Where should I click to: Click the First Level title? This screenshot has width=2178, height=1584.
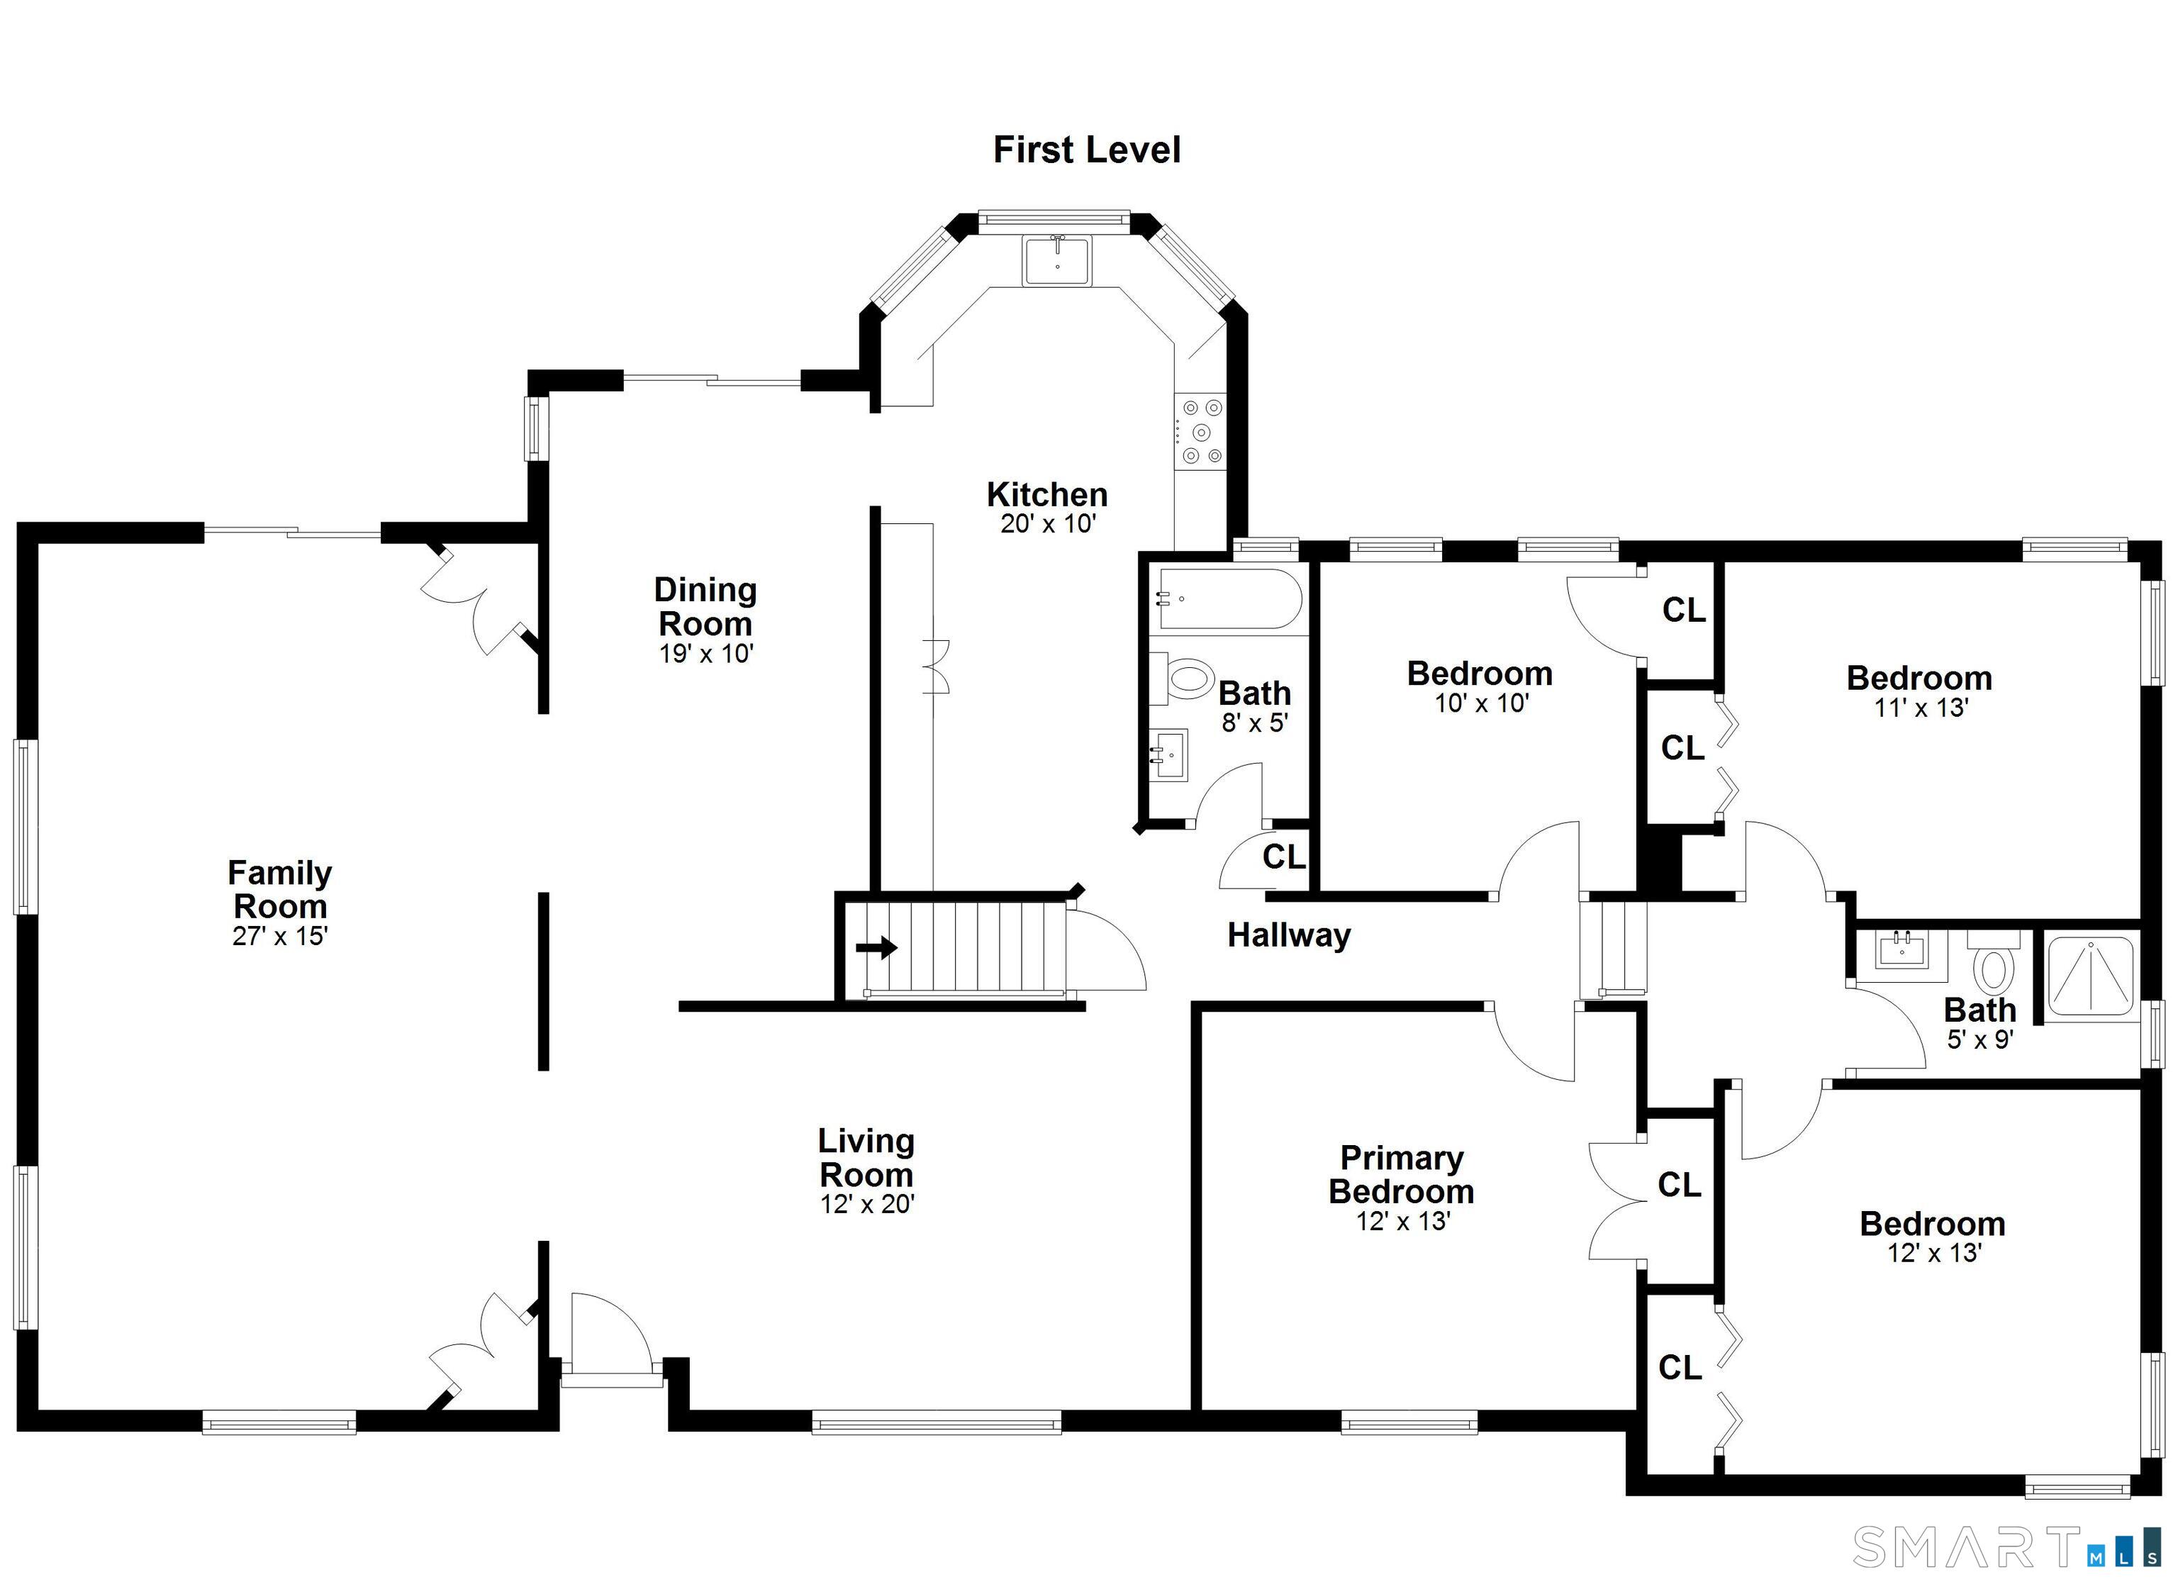pyautogui.click(x=1086, y=150)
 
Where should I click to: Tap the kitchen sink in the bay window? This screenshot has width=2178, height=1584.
pyautogui.click(x=1056, y=260)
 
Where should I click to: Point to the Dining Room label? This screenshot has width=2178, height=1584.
pyautogui.click(x=706, y=606)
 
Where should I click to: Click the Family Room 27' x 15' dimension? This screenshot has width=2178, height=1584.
pyautogui.click(x=281, y=936)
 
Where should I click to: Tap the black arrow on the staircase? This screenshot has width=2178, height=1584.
pyautogui.click(x=876, y=948)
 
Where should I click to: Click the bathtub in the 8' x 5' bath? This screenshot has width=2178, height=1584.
pyautogui.click(x=1228, y=598)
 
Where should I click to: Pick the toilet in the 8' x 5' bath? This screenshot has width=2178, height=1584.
pyautogui.click(x=1183, y=678)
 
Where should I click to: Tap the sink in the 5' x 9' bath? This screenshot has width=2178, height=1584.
pyautogui.click(x=1902, y=950)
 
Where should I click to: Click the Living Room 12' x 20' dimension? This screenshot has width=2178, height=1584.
pyautogui.click(x=867, y=1204)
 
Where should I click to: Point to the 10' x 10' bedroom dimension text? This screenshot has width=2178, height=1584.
pyautogui.click(x=1481, y=703)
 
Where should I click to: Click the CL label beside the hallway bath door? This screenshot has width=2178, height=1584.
pyautogui.click(x=1284, y=856)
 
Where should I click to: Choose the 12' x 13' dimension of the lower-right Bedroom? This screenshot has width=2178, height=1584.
pyautogui.click(x=1934, y=1253)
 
